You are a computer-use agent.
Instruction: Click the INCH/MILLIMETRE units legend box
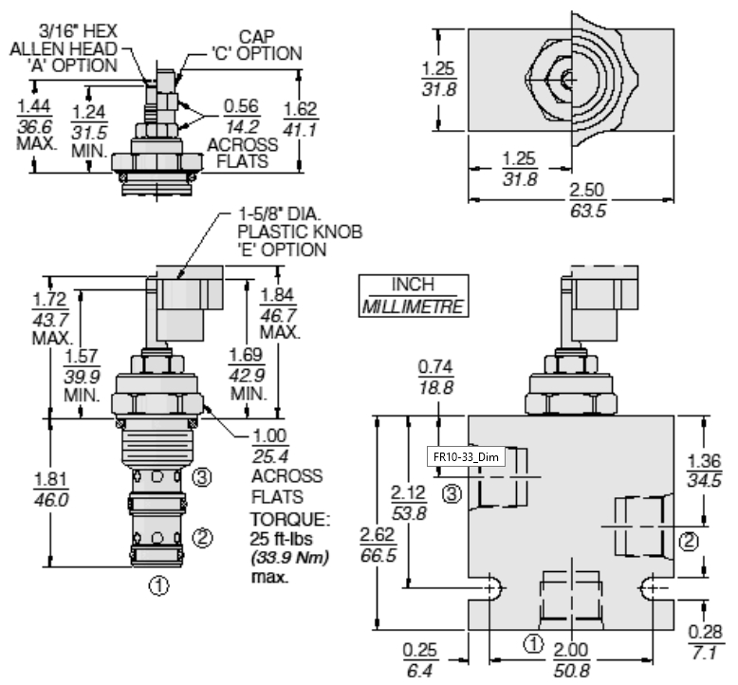(x=414, y=296)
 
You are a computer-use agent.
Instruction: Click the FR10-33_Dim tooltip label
(x=466, y=456)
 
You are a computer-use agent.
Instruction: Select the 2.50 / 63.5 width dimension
(x=587, y=200)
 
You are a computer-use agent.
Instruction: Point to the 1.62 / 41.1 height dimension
(x=301, y=120)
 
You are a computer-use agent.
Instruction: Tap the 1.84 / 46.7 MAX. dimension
(x=279, y=313)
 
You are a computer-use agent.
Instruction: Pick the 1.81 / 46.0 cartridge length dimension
(x=51, y=490)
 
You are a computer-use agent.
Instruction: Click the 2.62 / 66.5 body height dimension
(x=378, y=545)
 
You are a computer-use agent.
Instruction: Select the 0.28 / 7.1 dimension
(x=705, y=642)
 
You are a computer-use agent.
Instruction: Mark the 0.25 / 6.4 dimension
(x=419, y=660)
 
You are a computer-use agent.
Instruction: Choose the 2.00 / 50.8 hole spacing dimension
(x=570, y=660)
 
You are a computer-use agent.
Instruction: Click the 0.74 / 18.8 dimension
(x=435, y=377)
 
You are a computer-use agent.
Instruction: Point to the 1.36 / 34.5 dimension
(x=705, y=471)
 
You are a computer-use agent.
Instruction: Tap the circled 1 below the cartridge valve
(x=158, y=586)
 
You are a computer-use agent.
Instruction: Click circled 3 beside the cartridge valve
(x=202, y=477)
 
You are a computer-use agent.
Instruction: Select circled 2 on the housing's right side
(x=689, y=542)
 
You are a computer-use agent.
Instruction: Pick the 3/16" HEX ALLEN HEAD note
(x=64, y=48)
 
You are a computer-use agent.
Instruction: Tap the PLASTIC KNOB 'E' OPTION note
(x=300, y=240)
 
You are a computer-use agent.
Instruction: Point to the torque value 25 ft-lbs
(x=282, y=539)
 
